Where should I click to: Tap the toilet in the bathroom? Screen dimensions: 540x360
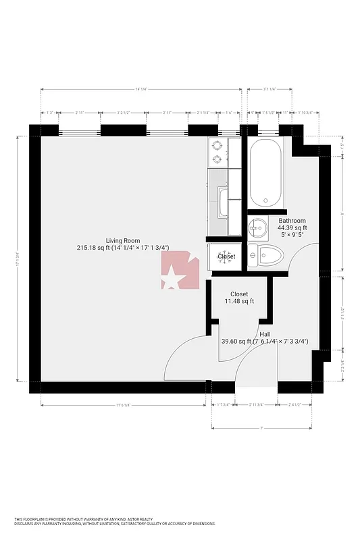pyautogui.click(x=269, y=255)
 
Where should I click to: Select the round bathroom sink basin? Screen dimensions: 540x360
pyautogui.click(x=256, y=226)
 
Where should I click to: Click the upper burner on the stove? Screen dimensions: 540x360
pyautogui.click(x=217, y=144)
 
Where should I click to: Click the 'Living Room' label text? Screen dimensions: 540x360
pyautogui.click(x=122, y=240)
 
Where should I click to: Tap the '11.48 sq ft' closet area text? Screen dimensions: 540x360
pyautogui.click(x=238, y=301)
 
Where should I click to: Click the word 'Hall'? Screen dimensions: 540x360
pyautogui.click(x=265, y=333)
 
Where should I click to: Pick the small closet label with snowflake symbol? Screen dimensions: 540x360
pyautogui.click(x=226, y=256)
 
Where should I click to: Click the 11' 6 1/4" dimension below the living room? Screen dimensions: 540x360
pyautogui.click(x=124, y=405)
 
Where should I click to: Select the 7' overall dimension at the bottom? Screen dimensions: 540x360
pyautogui.click(x=261, y=428)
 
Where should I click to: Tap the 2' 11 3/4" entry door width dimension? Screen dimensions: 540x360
pyautogui.click(x=257, y=405)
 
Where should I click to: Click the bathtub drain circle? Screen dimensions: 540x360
pyautogui.click(x=265, y=200)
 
